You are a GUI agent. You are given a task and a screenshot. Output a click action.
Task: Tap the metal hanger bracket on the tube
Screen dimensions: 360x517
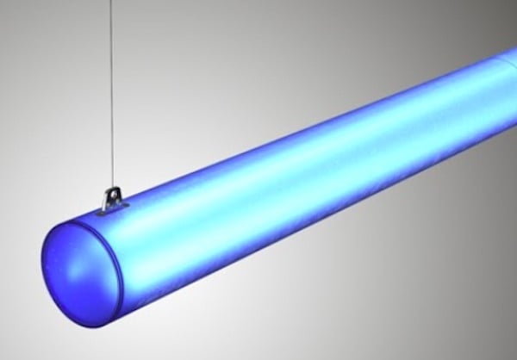(109, 199)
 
